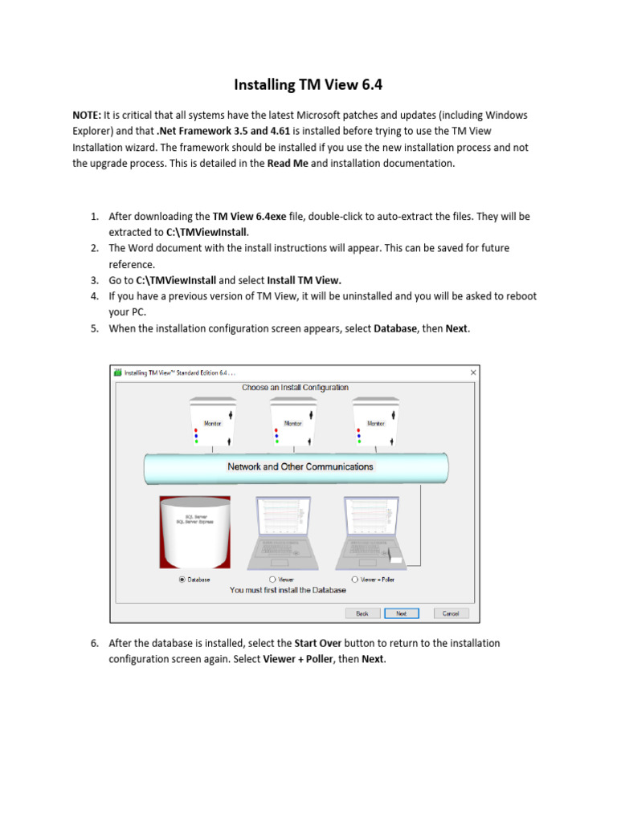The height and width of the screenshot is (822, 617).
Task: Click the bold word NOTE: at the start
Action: [x=87, y=116]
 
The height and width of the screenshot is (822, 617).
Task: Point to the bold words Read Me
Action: [x=288, y=164]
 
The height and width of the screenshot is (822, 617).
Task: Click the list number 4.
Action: [x=93, y=296]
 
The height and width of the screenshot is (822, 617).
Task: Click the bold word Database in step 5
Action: [x=395, y=328]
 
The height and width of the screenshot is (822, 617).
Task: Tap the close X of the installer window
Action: [x=473, y=372]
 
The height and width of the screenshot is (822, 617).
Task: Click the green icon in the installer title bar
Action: [x=117, y=372]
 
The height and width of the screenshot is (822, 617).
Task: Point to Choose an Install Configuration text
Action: [x=296, y=388]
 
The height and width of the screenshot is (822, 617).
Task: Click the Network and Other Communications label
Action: [x=300, y=466]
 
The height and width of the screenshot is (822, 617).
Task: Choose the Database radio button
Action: [x=182, y=579]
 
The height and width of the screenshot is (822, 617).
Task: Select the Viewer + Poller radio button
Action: [x=354, y=579]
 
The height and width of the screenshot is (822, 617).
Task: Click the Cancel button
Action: [x=450, y=613]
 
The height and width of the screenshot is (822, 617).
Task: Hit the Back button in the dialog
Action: [x=362, y=613]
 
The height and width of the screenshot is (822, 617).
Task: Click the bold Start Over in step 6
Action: [x=320, y=644]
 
